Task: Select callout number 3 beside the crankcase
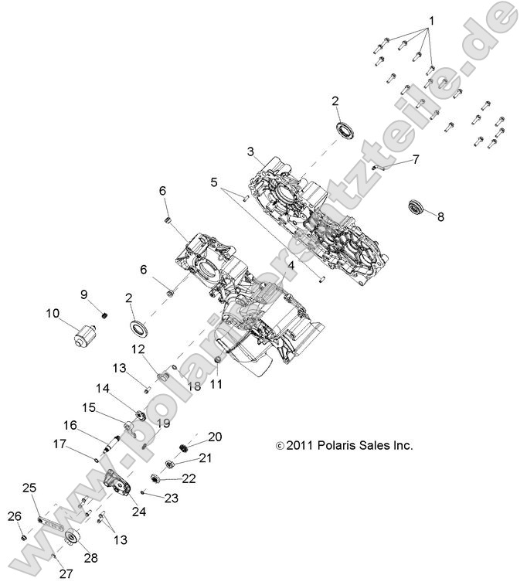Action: coord(250,150)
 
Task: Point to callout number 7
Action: coord(416,159)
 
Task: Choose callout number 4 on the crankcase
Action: coord(291,265)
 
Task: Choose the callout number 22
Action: coord(189,478)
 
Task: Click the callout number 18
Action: coord(193,386)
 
